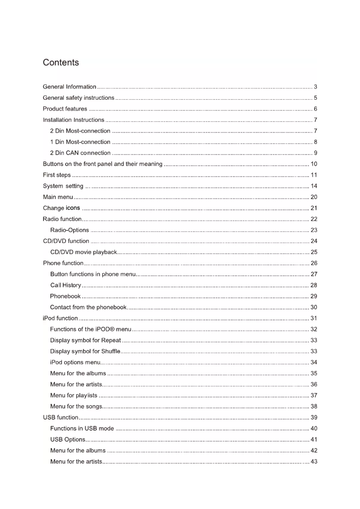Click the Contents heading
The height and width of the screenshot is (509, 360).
pos(61,62)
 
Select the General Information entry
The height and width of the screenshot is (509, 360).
pos(70,87)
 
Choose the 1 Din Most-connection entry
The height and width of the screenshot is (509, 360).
pos(80,142)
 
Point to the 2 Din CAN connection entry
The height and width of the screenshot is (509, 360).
pos(80,153)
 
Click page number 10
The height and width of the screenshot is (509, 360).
pos(314,164)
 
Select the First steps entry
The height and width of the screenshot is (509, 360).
pos(57,175)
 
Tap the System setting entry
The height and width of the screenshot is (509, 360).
pos(63,186)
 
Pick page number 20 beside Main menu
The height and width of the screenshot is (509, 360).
pos(314,197)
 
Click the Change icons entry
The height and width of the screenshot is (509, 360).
pos(61,208)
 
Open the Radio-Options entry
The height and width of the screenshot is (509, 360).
pos(70,230)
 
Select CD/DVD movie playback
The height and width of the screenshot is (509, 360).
pos(83,252)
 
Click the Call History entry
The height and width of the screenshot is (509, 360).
pos(66,285)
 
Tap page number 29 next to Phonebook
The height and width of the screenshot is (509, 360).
pos(314,296)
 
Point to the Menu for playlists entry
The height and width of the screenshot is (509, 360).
pos(74,395)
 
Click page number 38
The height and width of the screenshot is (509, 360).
pos(314,406)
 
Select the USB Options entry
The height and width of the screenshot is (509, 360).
pos(68,439)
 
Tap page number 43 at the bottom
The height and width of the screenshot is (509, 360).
pos(314,461)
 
